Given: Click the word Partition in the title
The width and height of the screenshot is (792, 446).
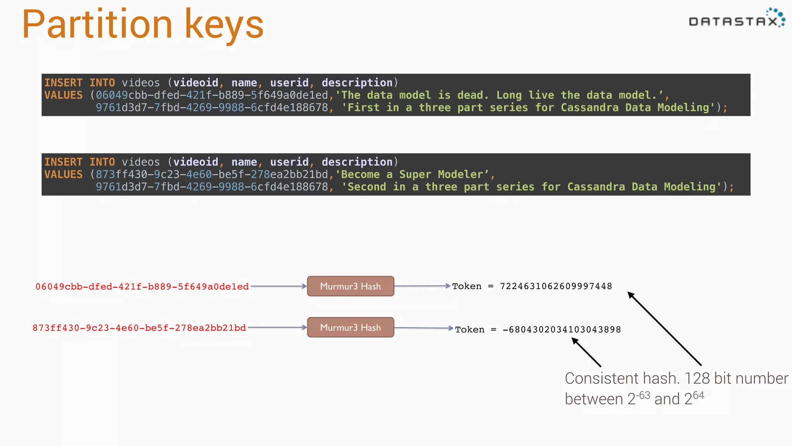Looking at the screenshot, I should pos(97,25).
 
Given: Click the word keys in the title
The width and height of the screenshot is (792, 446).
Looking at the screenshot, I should pos(224,25).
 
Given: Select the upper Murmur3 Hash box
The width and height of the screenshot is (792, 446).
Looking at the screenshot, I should pos(350,286).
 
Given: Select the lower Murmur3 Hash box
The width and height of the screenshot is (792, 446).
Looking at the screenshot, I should pos(350,328).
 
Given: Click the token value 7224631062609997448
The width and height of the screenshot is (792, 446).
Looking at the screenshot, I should pos(556,286).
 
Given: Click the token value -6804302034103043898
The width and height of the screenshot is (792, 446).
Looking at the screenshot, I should pos(562,329).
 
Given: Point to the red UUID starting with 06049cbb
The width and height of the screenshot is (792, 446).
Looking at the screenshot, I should pos(142,286).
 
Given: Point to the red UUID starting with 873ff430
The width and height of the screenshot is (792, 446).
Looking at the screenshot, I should pos(139,328).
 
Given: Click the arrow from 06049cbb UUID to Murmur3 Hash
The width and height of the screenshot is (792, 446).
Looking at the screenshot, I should pos(278,286).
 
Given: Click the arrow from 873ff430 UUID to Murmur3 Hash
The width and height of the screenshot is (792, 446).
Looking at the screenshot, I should pos(277,328).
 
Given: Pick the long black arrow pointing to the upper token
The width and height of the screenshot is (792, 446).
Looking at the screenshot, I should pos(664,329).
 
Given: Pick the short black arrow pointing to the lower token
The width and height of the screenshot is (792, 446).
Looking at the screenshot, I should pos(586,352).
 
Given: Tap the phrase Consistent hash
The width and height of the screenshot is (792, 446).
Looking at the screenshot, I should pos(622,378).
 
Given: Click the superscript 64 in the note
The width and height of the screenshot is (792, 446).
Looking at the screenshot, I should pos(698,395).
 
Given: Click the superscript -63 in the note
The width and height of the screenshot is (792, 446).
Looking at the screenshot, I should pos(643,395).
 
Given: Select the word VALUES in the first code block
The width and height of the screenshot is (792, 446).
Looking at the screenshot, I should pos(63,95).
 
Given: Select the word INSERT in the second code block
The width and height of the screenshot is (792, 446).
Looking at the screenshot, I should pos(63,162).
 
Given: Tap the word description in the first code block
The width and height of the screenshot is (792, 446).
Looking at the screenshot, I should pos(357,83).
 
